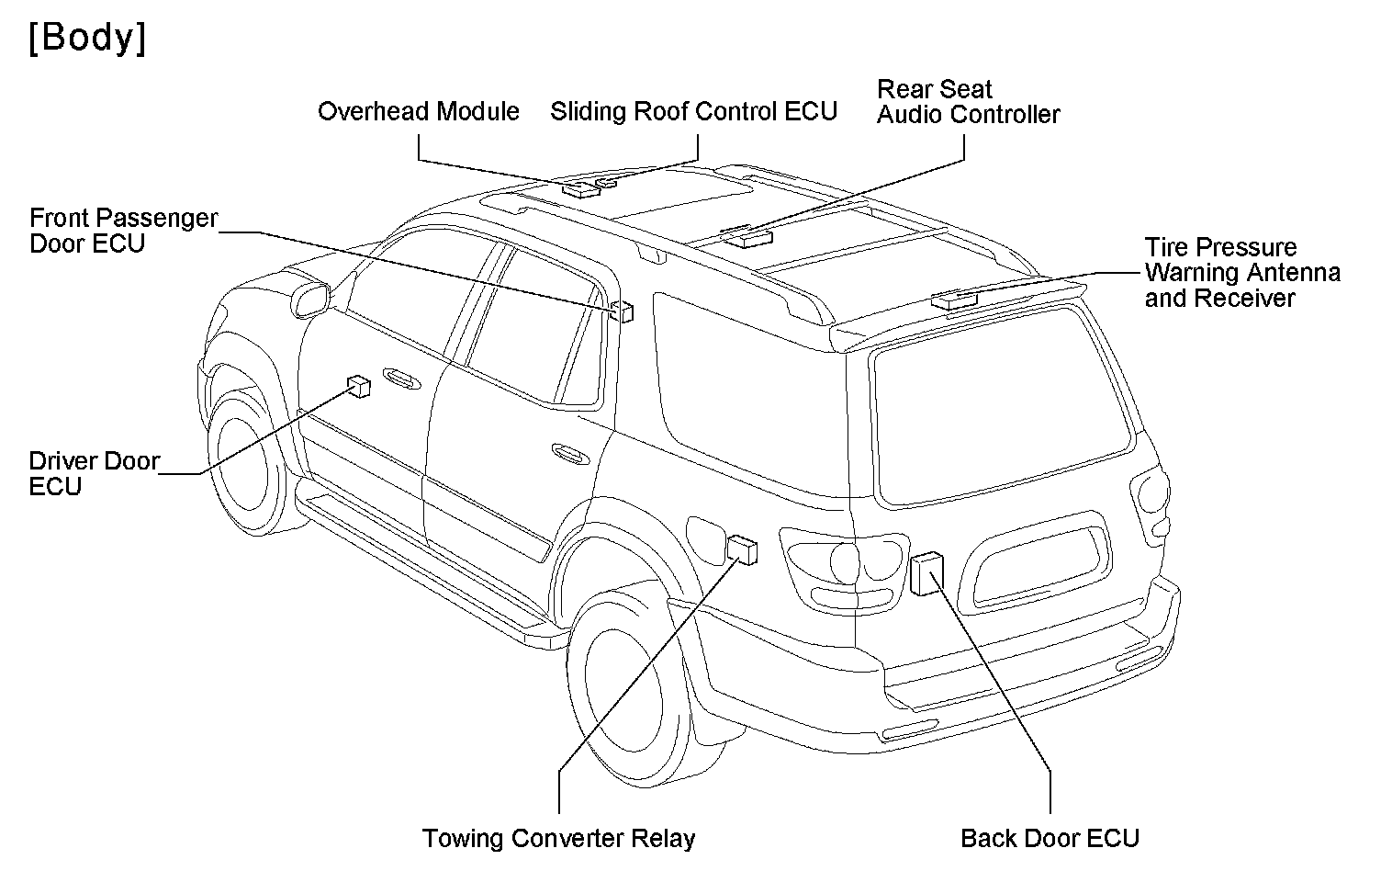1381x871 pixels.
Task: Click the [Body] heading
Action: [87, 39]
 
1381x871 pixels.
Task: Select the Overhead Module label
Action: [418, 112]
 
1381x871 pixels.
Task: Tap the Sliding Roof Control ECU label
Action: [693, 112]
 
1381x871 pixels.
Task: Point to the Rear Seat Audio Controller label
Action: [968, 102]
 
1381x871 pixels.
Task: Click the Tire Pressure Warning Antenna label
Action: [1241, 273]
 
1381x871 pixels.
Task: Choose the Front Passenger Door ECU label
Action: [123, 231]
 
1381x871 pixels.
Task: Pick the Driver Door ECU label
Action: [94, 473]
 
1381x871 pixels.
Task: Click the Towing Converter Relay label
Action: [558, 838]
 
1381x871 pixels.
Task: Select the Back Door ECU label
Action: [1049, 838]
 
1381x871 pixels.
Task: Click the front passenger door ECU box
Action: [623, 311]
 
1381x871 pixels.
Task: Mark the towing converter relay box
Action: [743, 549]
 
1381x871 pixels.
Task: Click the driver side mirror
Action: [309, 300]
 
